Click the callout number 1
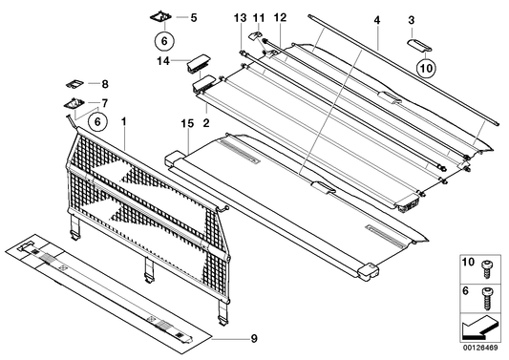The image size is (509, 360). (121, 124)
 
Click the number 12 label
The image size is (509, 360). (279, 18)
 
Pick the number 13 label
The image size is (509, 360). (239, 18)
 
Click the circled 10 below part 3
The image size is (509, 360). (426, 68)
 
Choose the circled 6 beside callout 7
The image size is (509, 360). (95, 120)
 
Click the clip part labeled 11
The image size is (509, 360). (258, 37)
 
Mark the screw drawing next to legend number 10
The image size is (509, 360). (489, 264)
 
